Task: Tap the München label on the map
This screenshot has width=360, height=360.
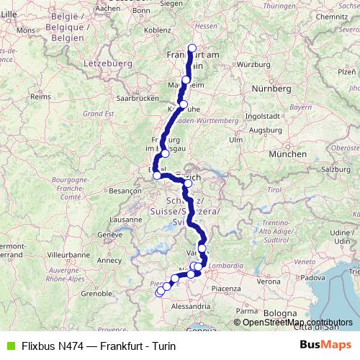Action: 282,154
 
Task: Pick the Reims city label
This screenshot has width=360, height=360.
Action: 40,95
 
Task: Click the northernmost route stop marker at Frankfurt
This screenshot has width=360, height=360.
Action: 192,49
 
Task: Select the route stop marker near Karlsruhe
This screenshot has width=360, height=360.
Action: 184,104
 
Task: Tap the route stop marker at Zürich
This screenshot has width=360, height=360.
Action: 188,184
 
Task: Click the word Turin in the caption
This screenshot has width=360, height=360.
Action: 163,346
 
